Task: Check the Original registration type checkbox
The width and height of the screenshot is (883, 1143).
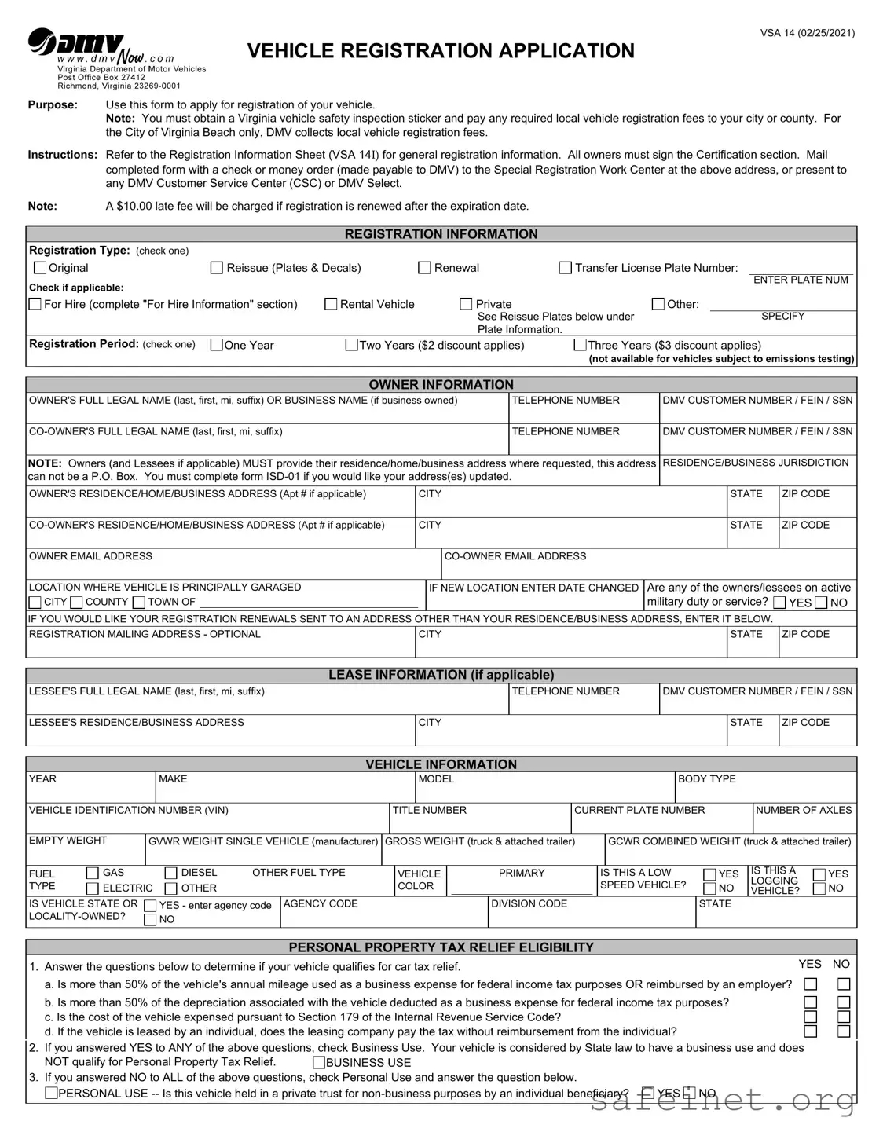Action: (40, 268)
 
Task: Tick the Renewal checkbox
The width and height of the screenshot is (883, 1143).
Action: (424, 268)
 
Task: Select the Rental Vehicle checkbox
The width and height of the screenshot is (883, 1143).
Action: (331, 304)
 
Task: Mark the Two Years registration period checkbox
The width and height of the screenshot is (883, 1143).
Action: (352, 345)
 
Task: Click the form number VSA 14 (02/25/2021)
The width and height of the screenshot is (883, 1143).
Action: (807, 33)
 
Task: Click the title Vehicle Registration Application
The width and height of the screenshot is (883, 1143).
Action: (441, 51)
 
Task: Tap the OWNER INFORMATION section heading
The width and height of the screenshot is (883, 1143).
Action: (441, 384)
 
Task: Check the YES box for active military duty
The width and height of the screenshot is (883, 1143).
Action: (779, 603)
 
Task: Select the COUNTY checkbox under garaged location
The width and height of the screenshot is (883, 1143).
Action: (76, 603)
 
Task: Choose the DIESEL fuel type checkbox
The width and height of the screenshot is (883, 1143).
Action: (170, 873)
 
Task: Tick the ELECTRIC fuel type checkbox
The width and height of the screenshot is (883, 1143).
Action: (93, 888)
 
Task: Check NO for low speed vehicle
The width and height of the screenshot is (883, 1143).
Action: (709, 888)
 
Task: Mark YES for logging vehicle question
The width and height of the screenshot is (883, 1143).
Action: (819, 874)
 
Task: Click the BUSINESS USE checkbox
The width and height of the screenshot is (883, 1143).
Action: (320, 1063)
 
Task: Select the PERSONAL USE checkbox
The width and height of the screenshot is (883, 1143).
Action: (51, 1093)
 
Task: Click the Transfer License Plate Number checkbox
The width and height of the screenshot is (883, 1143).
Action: (565, 268)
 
